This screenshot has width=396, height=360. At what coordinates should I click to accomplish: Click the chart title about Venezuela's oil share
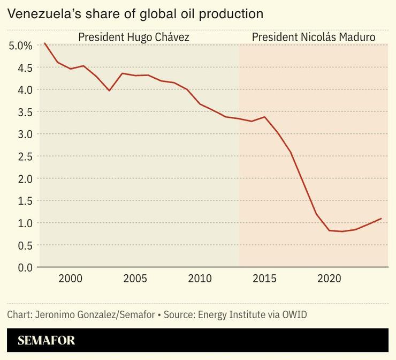[x=135, y=13]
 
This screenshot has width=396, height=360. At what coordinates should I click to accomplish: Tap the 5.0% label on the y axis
[x=21, y=46]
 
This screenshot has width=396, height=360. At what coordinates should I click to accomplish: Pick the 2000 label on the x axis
[x=70, y=279]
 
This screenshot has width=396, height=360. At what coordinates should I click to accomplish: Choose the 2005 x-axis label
[x=135, y=279]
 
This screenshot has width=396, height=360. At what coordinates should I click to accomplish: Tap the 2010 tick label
[x=200, y=279]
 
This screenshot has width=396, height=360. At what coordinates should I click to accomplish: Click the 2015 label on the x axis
[x=264, y=279]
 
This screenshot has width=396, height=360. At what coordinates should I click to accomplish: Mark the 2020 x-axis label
[x=329, y=279]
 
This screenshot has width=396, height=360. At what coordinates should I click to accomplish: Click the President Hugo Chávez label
[x=134, y=37]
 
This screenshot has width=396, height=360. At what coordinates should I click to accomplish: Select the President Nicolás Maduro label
[x=313, y=37]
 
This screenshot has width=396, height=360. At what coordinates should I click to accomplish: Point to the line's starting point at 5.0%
[x=44, y=43]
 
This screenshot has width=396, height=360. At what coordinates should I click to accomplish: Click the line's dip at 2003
[x=109, y=91]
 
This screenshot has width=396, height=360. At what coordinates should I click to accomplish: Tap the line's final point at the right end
[x=380, y=219]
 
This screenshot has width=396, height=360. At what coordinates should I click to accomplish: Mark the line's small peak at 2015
[x=264, y=117]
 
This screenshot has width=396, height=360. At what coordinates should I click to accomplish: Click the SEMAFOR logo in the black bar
[x=46, y=340]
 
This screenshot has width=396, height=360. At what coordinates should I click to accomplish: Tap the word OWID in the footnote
[x=294, y=314]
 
